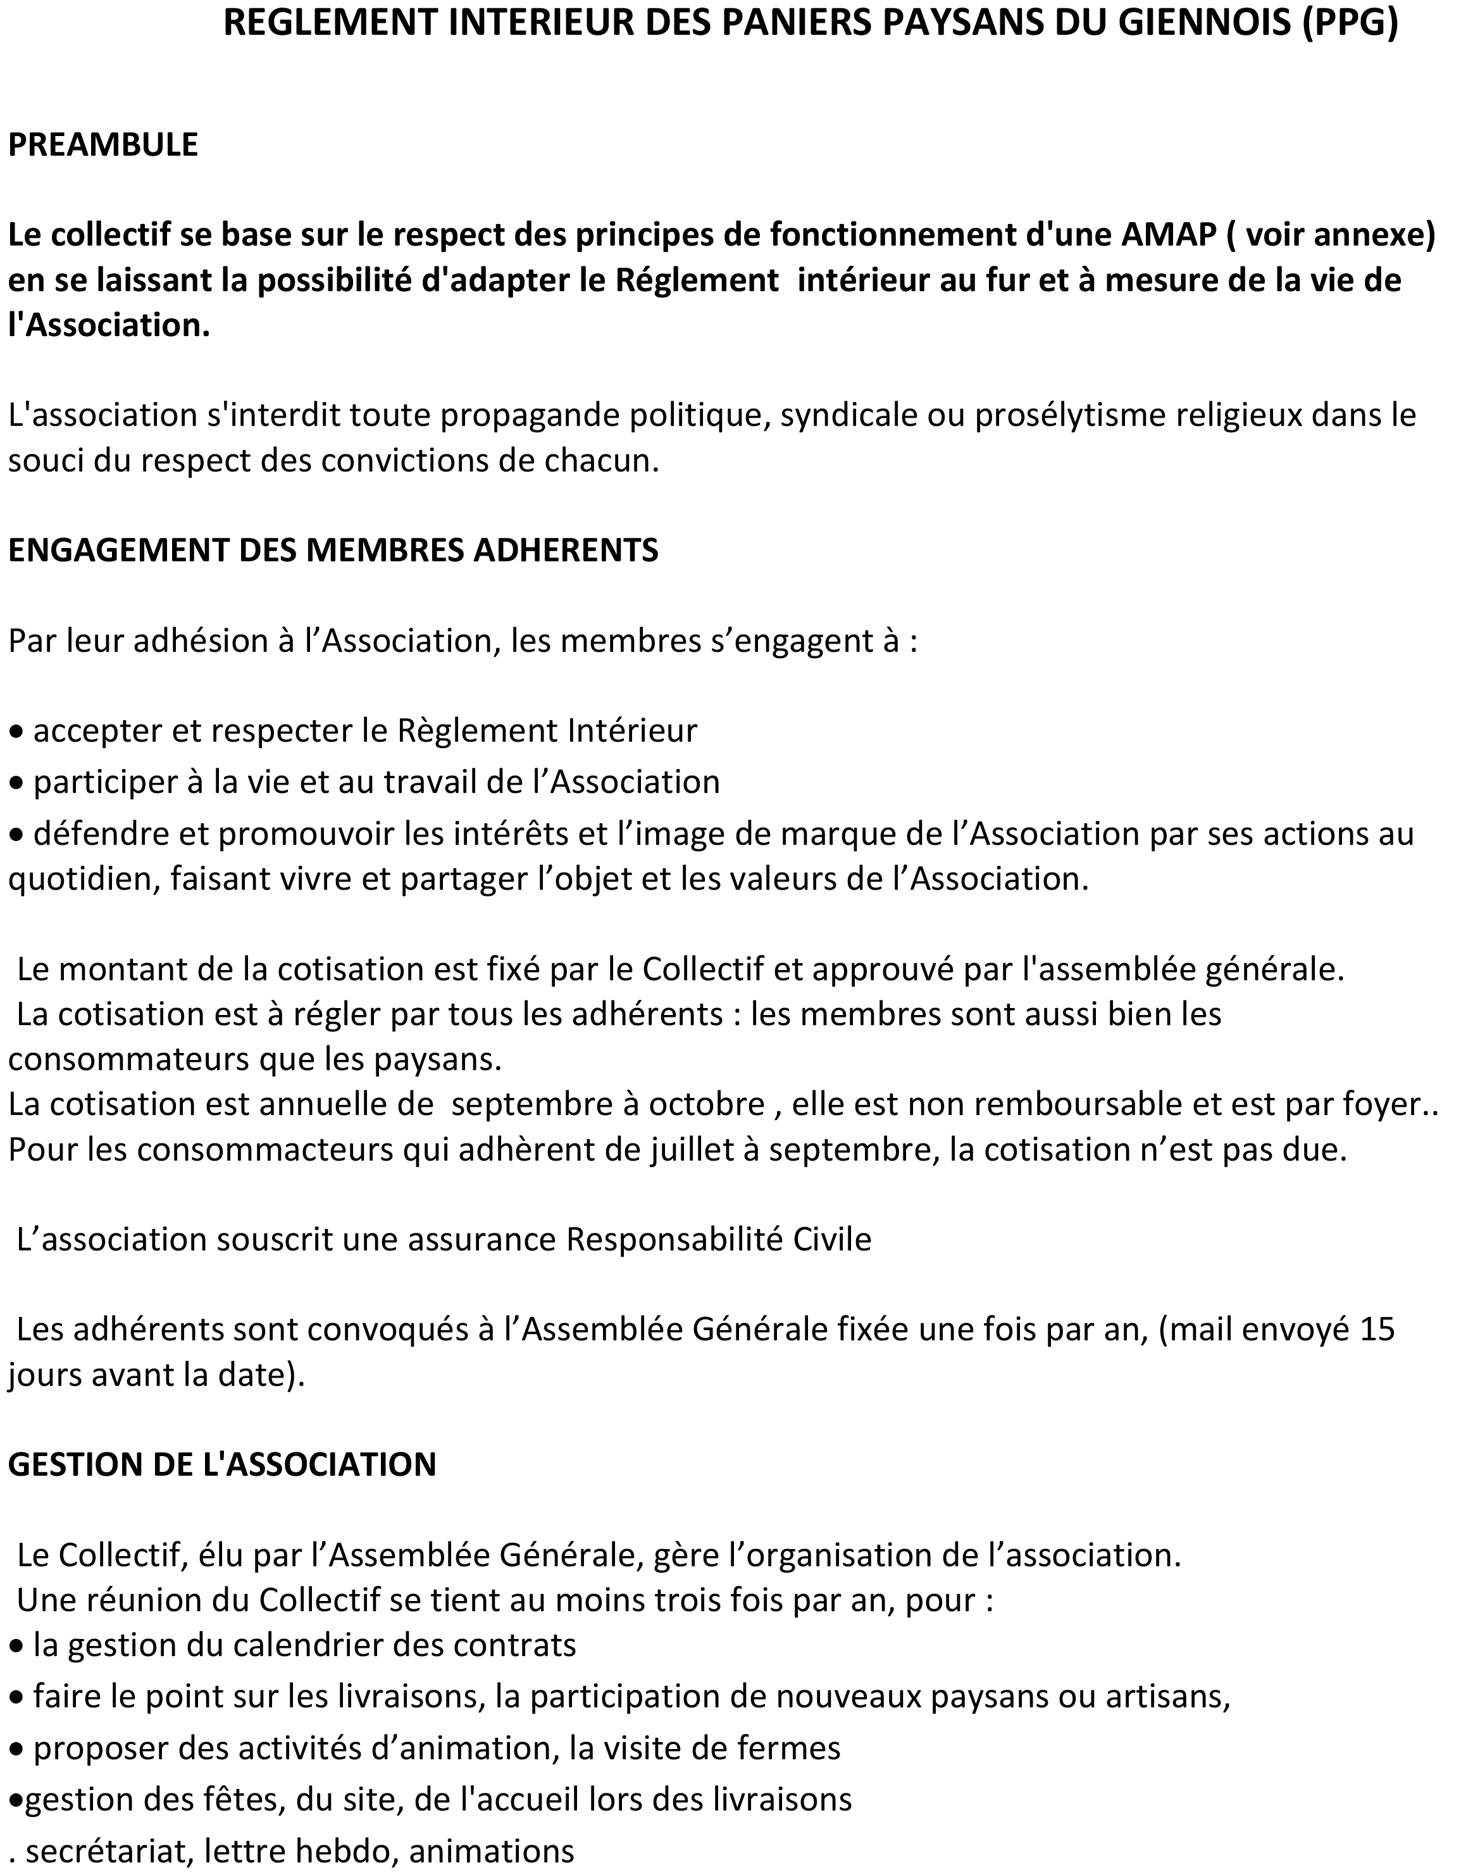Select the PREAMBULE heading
(x=103, y=144)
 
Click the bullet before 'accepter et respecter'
(x=16, y=732)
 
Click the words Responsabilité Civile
(x=718, y=1240)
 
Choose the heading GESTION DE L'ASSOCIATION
(x=221, y=1464)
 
